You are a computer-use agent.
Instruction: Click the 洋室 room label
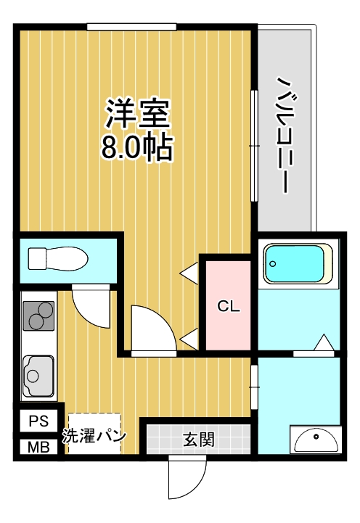click(137, 113)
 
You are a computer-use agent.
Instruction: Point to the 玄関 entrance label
click(198, 439)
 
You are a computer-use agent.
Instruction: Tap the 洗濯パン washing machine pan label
click(94, 436)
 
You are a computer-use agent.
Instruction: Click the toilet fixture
click(58, 258)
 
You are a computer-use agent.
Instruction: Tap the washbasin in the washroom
click(315, 440)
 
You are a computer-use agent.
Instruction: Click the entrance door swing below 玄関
click(184, 479)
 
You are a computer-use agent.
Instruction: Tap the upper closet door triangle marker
click(191, 272)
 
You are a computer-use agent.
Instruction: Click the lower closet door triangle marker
click(191, 337)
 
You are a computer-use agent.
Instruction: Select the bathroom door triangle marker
click(324, 342)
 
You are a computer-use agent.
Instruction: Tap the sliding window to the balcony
click(254, 145)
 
